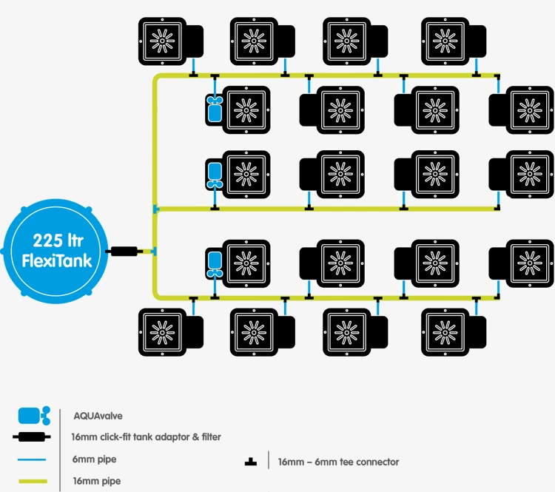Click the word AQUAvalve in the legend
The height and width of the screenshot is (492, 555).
click(98, 416)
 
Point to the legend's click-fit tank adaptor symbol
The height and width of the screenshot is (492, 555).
click(33, 437)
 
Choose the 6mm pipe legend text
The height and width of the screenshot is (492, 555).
click(94, 459)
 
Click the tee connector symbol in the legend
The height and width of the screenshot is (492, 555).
click(251, 462)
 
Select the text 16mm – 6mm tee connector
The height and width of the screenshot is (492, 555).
click(338, 462)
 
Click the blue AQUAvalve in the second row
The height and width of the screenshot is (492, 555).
click(215, 109)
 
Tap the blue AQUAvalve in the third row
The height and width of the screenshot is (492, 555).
click(215, 174)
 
